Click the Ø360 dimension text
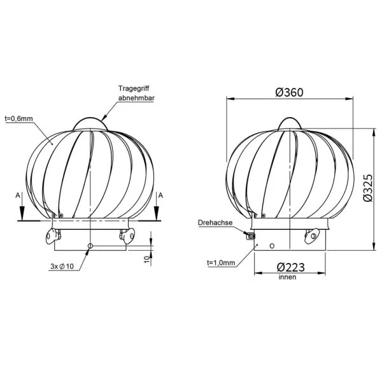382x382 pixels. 289,92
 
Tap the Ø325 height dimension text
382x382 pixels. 368,188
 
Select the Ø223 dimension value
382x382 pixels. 291,267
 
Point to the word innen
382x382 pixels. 288,277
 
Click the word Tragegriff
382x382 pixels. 134,88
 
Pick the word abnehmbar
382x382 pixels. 136,98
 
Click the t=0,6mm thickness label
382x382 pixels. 18,118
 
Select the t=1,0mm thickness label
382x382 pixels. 221,262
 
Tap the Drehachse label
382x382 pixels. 215,223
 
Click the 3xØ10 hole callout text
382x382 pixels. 62,266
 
